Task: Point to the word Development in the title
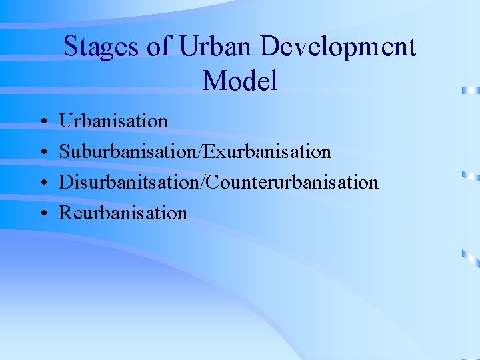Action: click(x=339, y=47)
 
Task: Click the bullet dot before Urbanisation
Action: click(x=42, y=122)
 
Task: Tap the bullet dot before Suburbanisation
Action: click(x=42, y=153)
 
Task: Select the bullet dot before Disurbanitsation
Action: click(x=42, y=183)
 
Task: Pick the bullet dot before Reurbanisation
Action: click(x=42, y=214)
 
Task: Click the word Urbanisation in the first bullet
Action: click(x=113, y=121)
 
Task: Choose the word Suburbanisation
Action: click(x=125, y=152)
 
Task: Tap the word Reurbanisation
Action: click(x=123, y=213)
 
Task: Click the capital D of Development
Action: click(x=270, y=47)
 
